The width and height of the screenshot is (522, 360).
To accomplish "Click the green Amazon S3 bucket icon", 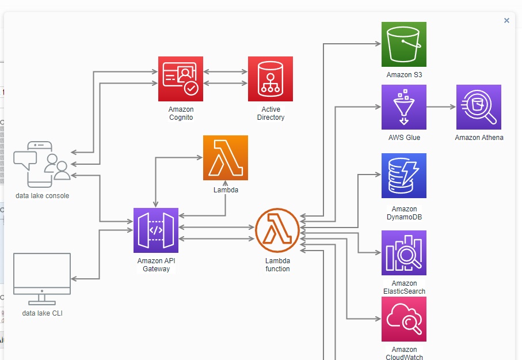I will coord(404,44).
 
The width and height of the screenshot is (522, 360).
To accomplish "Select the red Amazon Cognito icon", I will coord(181,79).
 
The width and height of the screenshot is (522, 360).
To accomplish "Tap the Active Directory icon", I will coord(270,79).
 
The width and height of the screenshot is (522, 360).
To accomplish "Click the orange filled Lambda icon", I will coord(226,158).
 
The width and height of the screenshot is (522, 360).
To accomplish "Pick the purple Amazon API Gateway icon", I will coord(156,230).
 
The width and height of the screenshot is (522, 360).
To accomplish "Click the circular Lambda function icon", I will coord(277,230).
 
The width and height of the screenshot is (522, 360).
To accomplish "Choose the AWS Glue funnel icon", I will coord(404,107).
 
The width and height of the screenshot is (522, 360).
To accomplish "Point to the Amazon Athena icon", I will coord(479,107).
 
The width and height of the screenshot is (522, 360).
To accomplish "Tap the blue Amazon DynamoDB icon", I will coord(404,176).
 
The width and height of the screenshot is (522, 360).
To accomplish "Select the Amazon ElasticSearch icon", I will coord(404,253).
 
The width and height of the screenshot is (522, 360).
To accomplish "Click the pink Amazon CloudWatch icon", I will coord(404,319).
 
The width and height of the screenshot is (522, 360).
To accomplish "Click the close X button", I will coord(506,20).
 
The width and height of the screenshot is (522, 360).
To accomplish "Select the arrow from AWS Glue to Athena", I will coord(441,107).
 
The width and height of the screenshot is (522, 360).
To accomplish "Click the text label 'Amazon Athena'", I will coord(479,138).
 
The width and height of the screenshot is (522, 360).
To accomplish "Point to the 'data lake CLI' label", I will coord(42,313).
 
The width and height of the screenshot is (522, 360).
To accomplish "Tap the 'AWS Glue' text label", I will coord(404,138).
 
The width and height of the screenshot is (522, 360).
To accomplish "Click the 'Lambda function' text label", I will coord(277,265).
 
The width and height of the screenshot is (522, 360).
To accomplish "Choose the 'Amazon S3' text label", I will coord(404,75).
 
